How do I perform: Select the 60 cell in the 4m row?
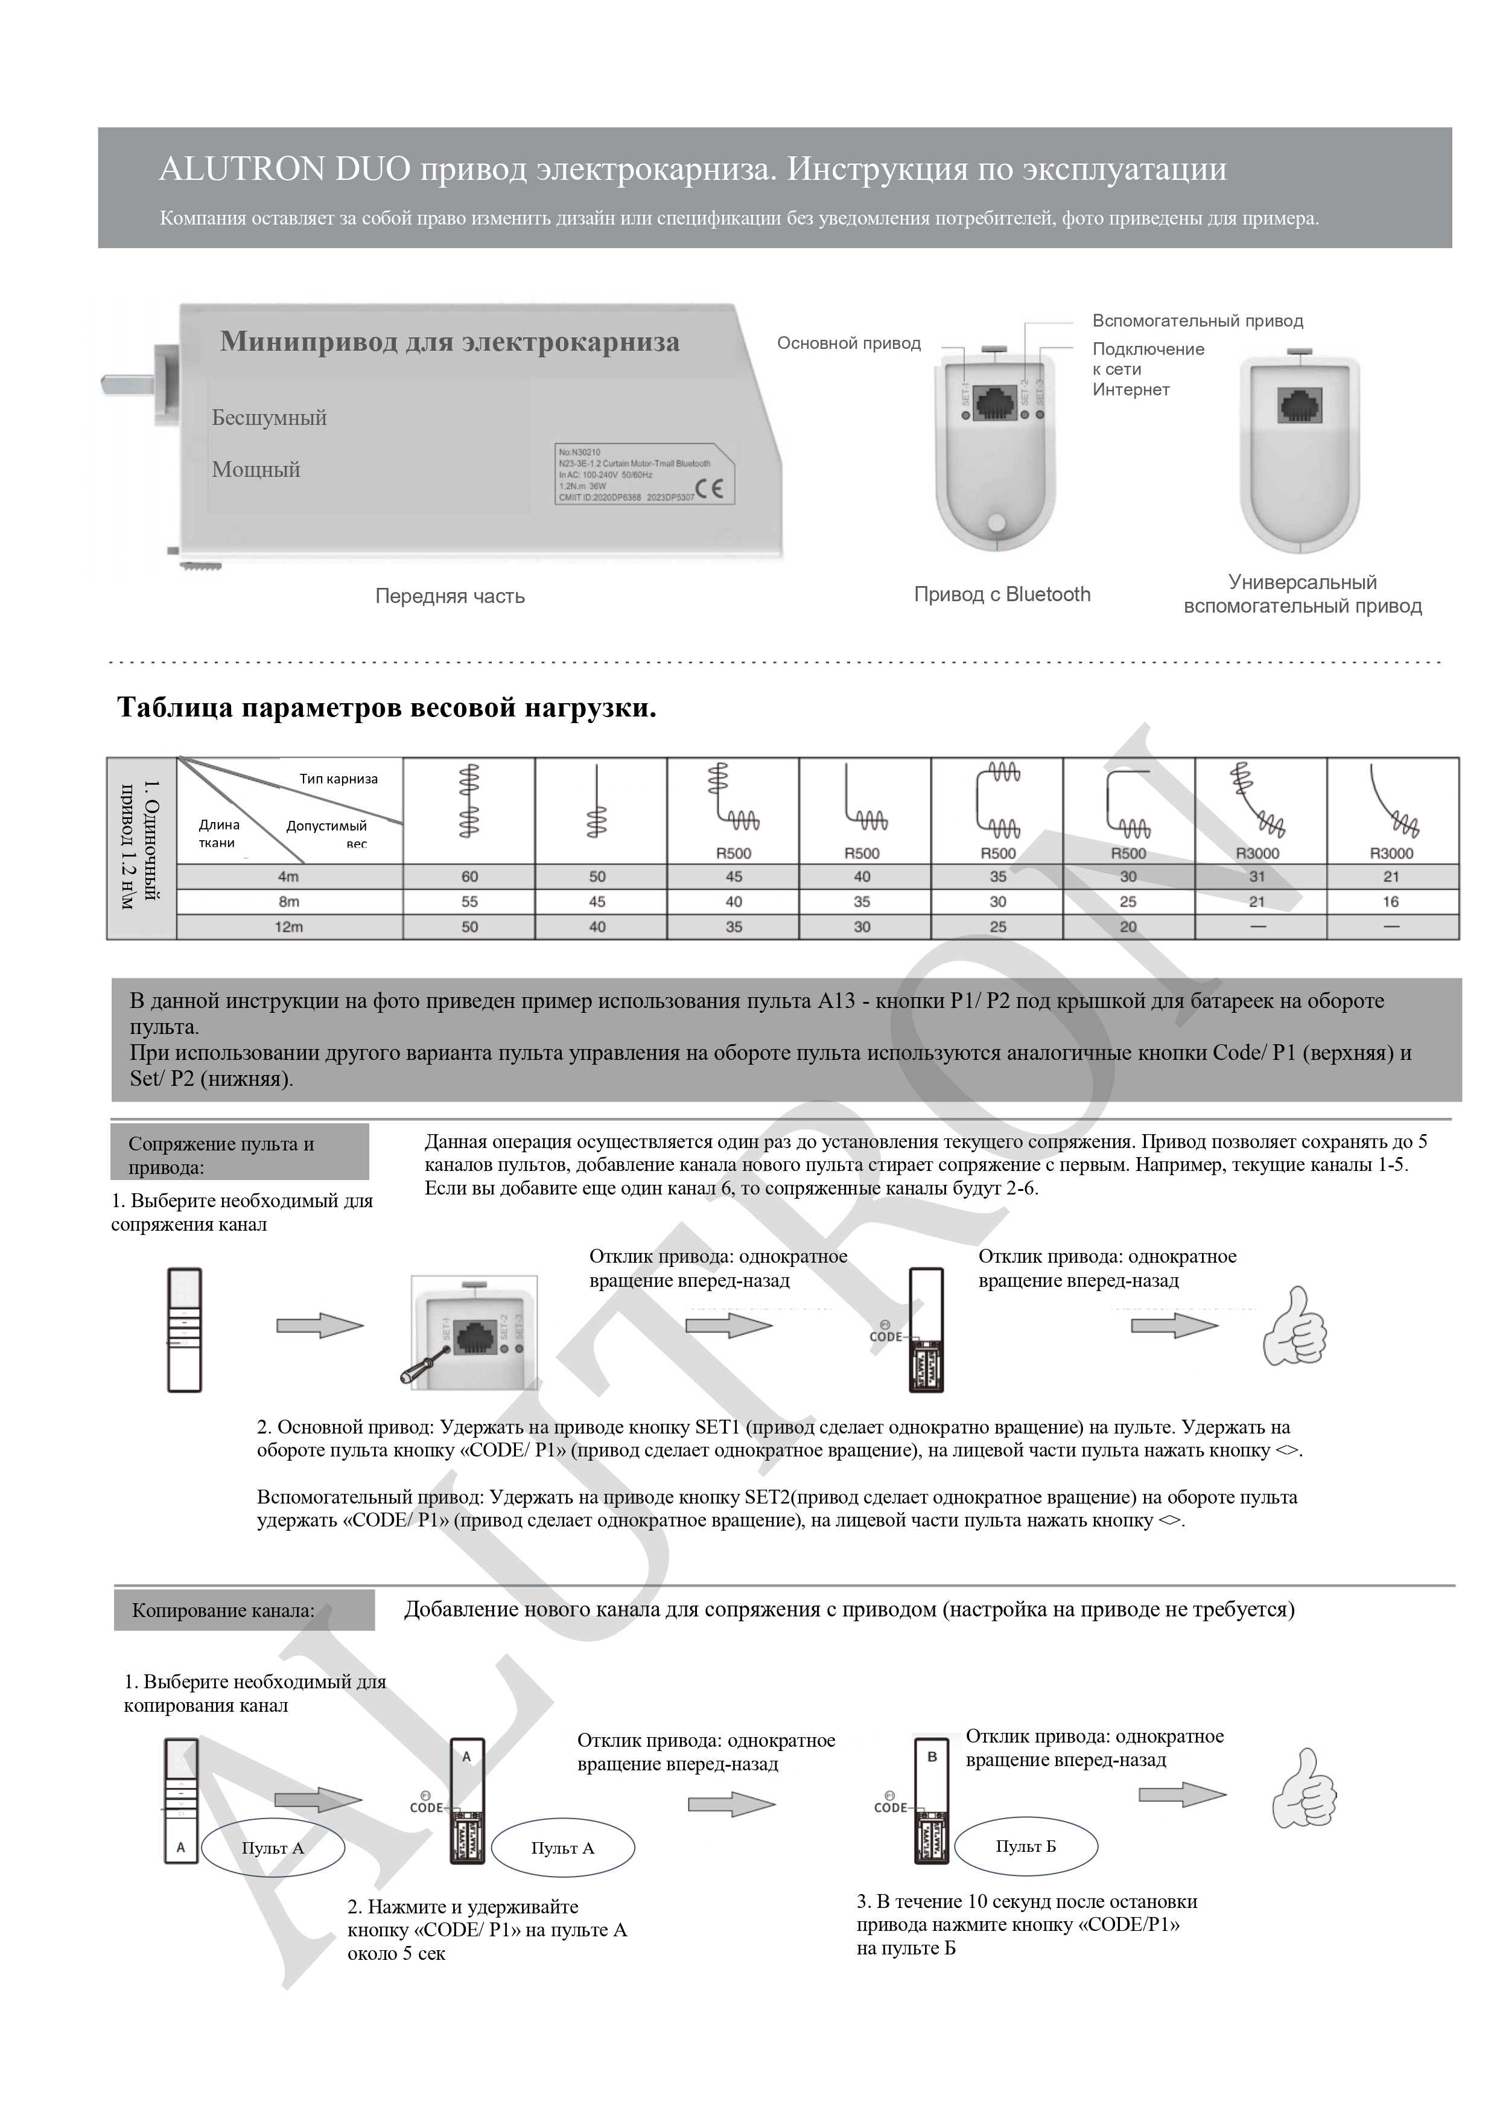click(x=469, y=876)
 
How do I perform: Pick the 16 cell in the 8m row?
click(x=1390, y=901)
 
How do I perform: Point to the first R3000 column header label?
click(x=1256, y=853)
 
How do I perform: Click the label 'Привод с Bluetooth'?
click(x=1002, y=594)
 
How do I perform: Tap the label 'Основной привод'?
click(x=848, y=343)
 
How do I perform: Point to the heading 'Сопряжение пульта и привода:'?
click(x=221, y=1155)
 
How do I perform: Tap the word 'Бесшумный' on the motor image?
click(x=269, y=418)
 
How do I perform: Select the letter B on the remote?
click(x=932, y=1756)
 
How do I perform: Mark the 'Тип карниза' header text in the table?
click(x=338, y=779)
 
